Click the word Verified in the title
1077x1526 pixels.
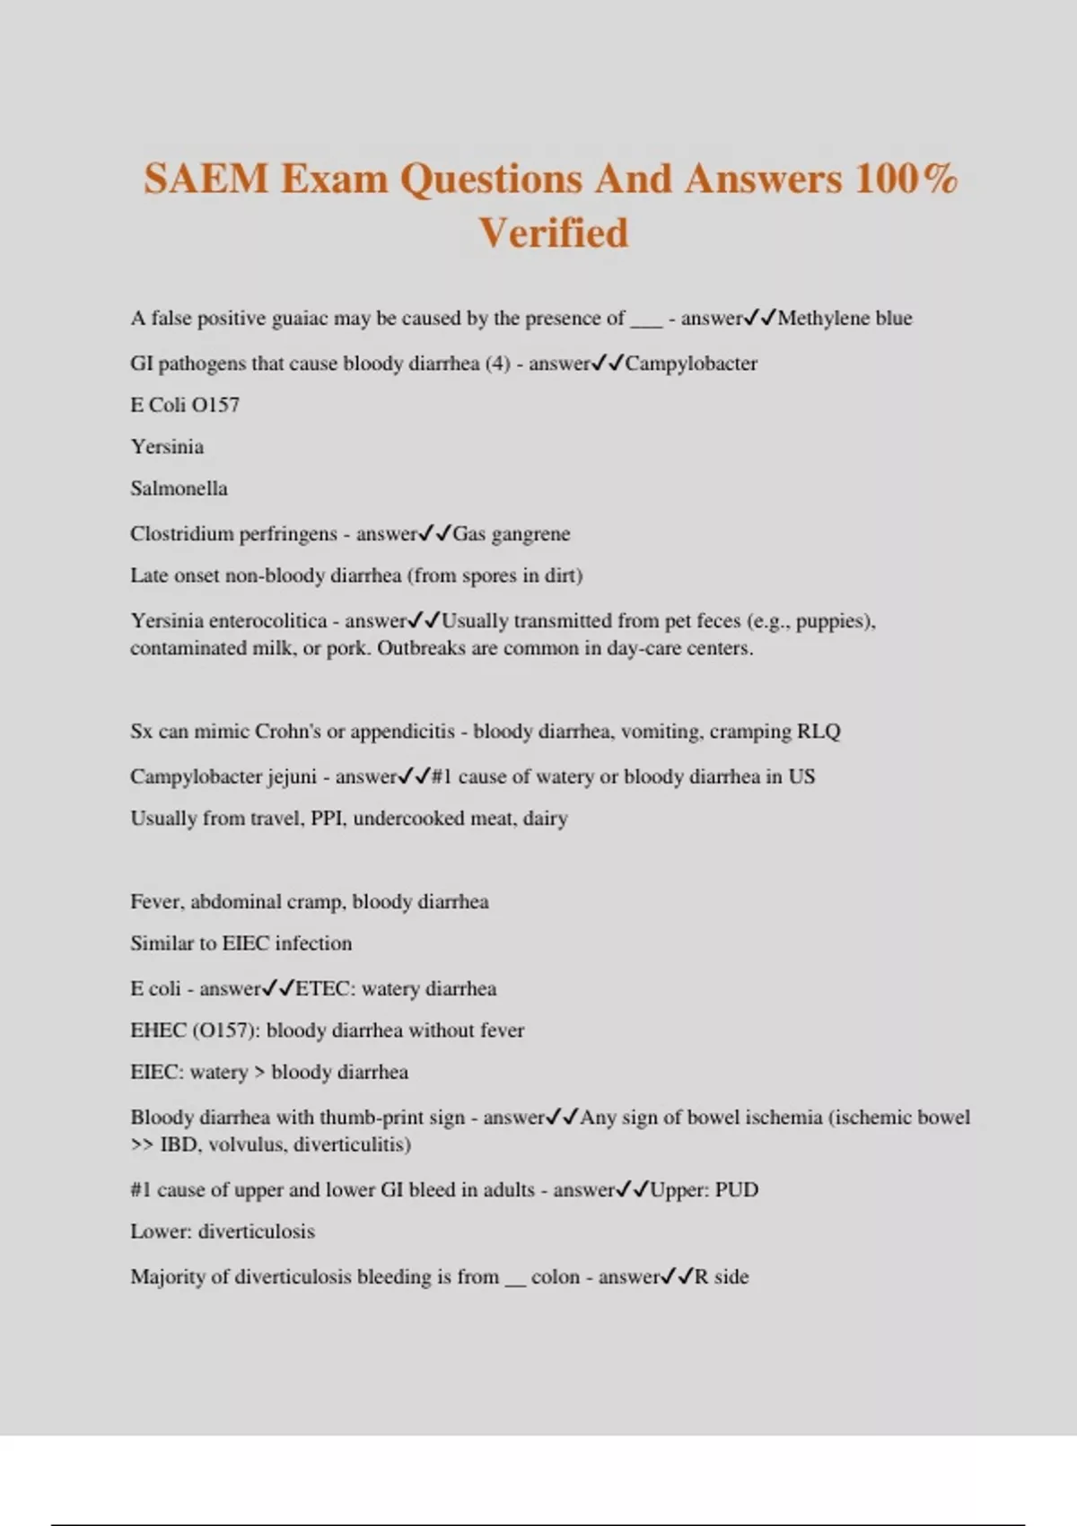click(553, 233)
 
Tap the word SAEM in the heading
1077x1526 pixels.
click(206, 179)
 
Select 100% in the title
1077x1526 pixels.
click(906, 179)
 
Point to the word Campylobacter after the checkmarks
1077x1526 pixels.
click(691, 364)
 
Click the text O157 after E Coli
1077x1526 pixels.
click(215, 405)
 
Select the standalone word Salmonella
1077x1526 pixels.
click(179, 488)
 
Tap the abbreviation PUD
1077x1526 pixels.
click(736, 1190)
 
